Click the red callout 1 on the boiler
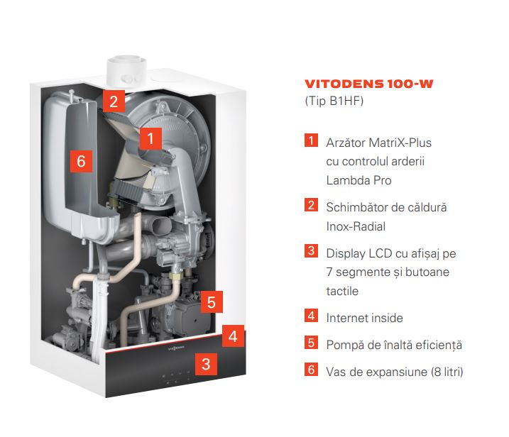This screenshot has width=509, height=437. point(150,138)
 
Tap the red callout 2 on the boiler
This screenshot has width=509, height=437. point(114,101)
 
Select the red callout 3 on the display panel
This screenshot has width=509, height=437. point(206,364)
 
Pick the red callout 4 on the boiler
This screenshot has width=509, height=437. point(233,336)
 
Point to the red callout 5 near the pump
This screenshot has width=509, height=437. point(212,302)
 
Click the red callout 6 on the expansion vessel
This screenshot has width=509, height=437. point(81,161)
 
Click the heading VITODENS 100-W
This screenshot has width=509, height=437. point(368,84)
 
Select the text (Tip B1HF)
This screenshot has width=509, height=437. point(334,101)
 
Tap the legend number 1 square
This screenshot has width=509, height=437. point(311,140)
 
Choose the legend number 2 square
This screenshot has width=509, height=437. point(311,205)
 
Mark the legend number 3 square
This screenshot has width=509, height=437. point(311,250)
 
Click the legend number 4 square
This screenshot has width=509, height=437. point(311,316)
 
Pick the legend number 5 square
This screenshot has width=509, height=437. point(311,342)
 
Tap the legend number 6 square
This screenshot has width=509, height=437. point(311,369)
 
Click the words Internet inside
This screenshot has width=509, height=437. point(365,318)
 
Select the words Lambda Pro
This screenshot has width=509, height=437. point(359,180)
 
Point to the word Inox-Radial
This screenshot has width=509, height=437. point(356,226)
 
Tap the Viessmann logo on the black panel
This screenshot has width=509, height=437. point(176,348)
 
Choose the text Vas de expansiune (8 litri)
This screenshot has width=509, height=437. point(395,372)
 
